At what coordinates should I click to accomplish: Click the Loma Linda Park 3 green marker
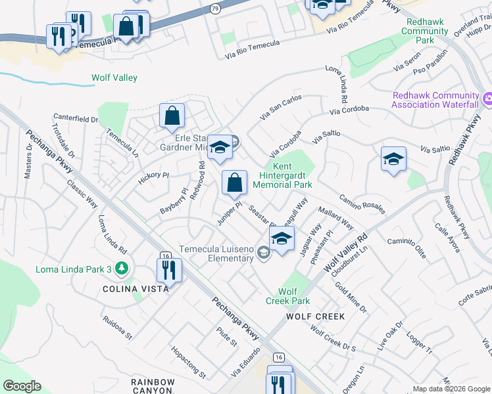(x=121, y=268)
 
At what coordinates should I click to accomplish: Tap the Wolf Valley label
(x=114, y=77)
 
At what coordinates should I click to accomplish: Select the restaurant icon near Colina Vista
(x=169, y=269)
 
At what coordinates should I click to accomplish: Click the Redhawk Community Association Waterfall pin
(x=486, y=100)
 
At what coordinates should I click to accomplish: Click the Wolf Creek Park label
(x=287, y=296)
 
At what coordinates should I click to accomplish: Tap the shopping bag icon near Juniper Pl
(x=234, y=183)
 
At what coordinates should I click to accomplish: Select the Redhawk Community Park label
(x=425, y=31)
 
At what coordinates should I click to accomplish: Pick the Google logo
(x=22, y=386)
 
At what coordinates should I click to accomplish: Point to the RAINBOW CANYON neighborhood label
(x=153, y=387)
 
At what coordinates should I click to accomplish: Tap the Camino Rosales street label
(x=361, y=203)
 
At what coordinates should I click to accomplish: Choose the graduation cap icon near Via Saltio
(x=393, y=160)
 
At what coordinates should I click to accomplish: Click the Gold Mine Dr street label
(x=350, y=296)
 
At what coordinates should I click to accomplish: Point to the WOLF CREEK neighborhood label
(x=315, y=317)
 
